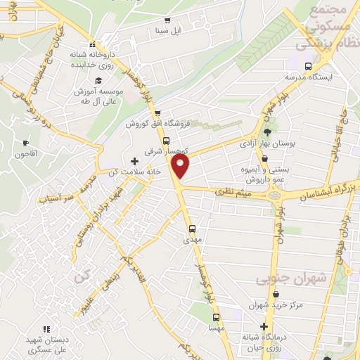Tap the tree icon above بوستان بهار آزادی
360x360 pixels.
pos(266,131)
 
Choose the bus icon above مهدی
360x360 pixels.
pos(193,229)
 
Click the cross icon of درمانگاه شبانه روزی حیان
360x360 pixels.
pos(264,326)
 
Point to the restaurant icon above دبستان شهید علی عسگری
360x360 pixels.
pos(46,328)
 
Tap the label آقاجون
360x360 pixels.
pos(25,154)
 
